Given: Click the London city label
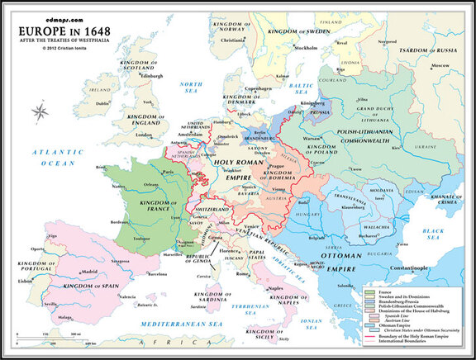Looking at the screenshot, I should click(x=145, y=134).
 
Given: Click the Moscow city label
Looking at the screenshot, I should click(x=444, y=64).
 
